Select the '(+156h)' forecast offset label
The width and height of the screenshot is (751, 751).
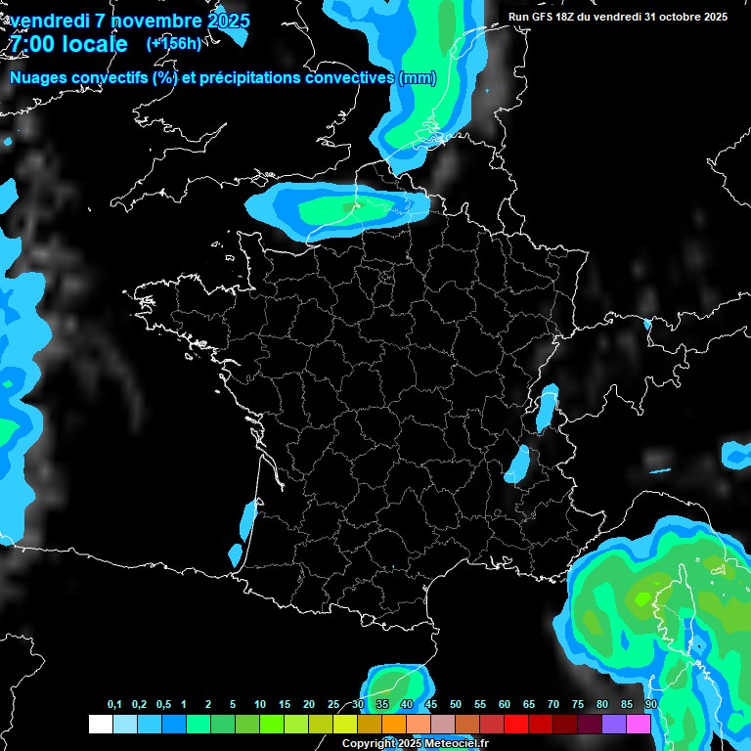[173, 43]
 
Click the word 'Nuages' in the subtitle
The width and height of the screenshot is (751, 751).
[37, 78]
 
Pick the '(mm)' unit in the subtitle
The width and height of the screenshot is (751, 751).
[417, 78]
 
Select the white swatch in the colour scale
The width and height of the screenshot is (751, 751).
[100, 724]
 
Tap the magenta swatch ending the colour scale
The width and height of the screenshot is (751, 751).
[639, 724]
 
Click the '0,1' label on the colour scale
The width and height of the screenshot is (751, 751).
[114, 705]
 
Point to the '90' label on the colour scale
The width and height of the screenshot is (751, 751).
[650, 705]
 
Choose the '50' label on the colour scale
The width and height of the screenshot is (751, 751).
[456, 705]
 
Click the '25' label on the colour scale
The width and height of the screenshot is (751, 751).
[333, 705]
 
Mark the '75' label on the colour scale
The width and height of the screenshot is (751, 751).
[578, 705]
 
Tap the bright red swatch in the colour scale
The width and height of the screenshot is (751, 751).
[516, 724]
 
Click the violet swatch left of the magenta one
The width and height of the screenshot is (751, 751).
[614, 724]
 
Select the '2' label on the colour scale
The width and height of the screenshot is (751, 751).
[209, 705]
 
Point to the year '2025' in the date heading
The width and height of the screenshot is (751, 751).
[223, 21]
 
